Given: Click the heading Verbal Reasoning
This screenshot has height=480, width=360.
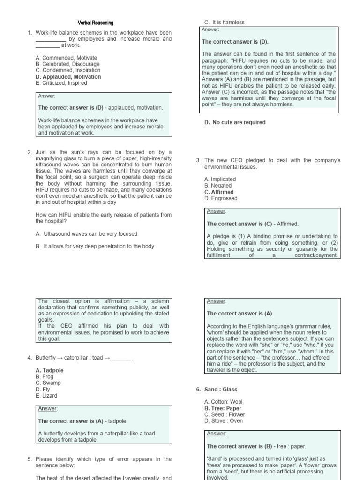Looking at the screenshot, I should [x=95, y=22].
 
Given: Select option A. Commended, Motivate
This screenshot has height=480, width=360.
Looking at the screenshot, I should [x=66, y=58].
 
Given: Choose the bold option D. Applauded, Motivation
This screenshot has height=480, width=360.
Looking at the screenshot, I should [x=68, y=77].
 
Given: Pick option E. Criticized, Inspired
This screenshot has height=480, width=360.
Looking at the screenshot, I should [x=61, y=83].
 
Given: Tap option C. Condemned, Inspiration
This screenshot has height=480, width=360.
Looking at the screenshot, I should [x=67, y=70].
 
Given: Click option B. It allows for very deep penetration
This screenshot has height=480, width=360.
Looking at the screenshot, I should [x=95, y=246].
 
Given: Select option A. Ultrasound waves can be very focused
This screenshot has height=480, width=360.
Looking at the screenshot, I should [x=87, y=233].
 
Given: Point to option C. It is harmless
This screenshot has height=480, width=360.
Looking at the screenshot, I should [x=224, y=22].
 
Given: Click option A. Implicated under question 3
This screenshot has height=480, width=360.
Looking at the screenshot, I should [x=220, y=179].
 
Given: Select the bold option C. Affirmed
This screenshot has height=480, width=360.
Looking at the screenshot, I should [x=219, y=192].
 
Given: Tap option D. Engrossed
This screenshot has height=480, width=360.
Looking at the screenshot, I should [x=221, y=198].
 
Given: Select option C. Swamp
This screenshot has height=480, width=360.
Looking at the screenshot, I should [x=48, y=383].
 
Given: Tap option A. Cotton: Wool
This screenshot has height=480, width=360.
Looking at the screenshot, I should [x=224, y=402].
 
